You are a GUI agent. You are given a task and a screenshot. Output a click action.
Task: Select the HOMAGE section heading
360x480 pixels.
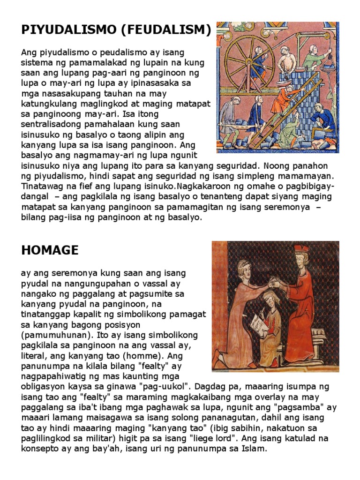(50, 250)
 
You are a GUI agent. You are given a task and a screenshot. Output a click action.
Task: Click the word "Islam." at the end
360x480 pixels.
(253, 449)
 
